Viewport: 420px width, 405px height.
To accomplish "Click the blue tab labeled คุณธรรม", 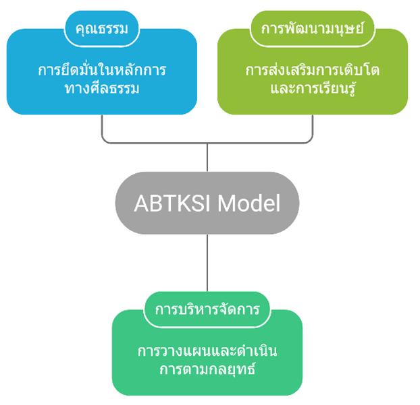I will coord(103,29).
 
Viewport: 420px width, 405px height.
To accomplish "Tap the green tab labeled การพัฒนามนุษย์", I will coord(313,29).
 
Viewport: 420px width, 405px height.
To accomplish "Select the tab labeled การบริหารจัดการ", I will coord(207,311).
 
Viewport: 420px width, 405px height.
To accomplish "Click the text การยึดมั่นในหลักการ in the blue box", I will coord(103,71).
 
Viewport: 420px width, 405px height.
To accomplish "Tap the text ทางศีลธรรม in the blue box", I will coord(103,88).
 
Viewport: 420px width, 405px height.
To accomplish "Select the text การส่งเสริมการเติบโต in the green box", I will coord(313,71).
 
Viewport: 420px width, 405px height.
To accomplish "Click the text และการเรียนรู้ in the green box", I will coord(313,88).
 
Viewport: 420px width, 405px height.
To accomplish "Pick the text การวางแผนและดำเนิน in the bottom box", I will coord(207,352).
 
